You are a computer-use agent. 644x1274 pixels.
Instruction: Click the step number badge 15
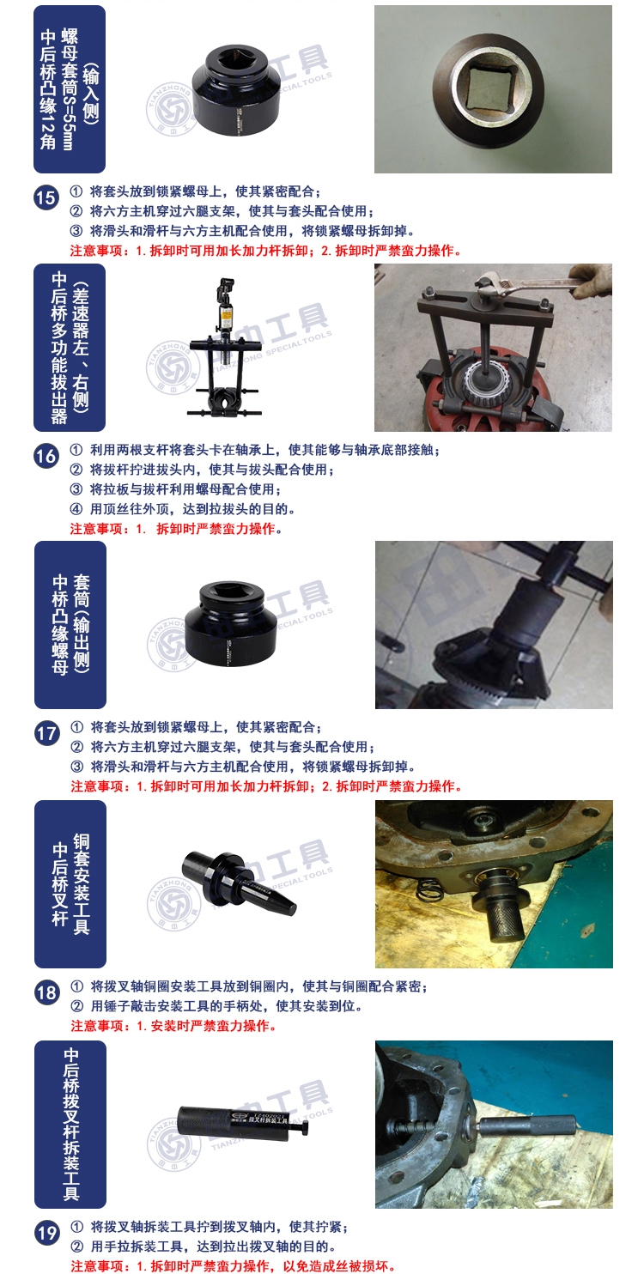coord(46,198)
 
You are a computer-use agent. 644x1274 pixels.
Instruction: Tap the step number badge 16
coord(46,456)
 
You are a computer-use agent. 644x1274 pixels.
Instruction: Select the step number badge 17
coord(46,733)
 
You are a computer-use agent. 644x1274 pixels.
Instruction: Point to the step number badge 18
coord(46,992)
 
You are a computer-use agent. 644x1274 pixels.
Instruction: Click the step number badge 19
coord(46,1233)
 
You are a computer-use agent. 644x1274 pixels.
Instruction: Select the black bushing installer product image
coord(239,883)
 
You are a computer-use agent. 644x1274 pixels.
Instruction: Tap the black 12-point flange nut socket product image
coord(237,90)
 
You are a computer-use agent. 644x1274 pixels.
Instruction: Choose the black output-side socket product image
coord(231,623)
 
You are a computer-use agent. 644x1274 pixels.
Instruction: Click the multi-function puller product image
coord(225,347)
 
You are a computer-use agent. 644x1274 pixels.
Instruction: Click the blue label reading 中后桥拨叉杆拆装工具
coord(70,1125)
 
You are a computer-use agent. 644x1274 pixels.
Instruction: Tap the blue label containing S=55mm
coord(70,89)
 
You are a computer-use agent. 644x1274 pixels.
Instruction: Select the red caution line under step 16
coord(176,529)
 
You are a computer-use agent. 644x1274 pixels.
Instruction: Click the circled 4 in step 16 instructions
coord(76,509)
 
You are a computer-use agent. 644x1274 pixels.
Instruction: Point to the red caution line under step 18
coord(173,1026)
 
